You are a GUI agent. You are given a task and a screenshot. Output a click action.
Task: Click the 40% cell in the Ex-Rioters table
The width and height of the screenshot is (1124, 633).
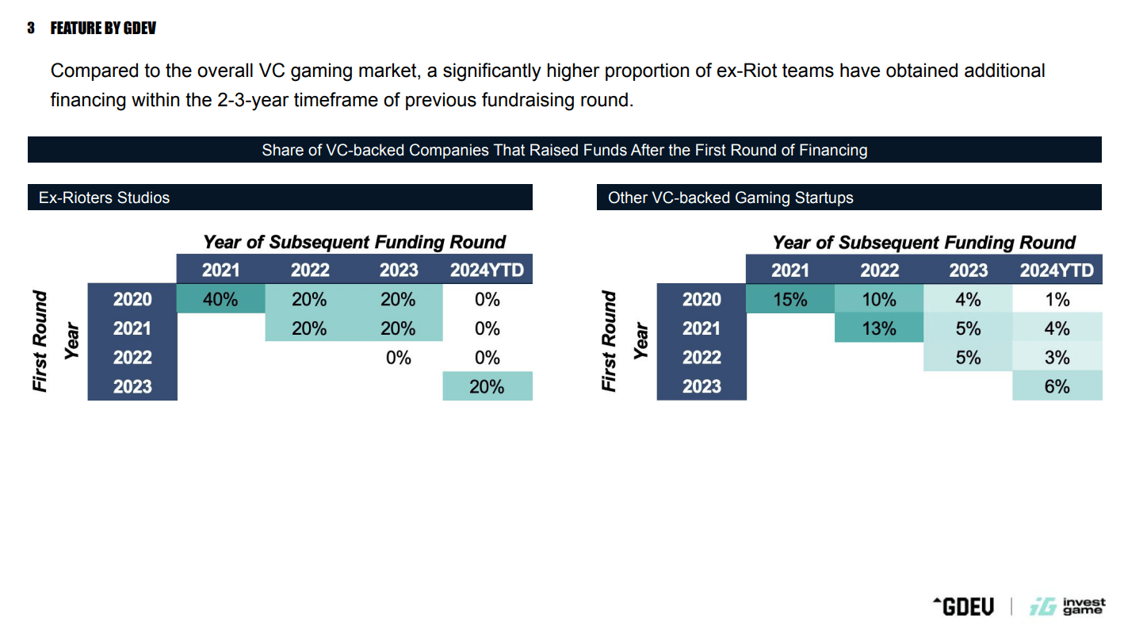tap(220, 299)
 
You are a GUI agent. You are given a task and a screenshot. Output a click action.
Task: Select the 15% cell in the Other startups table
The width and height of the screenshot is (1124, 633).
tap(790, 299)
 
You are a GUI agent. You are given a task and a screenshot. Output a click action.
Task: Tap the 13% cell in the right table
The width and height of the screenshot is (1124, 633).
tap(879, 328)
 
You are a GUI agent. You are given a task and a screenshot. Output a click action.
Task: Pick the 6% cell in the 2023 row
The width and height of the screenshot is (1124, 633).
tap(1057, 386)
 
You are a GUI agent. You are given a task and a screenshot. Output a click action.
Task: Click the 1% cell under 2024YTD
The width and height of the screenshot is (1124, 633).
tap(1057, 299)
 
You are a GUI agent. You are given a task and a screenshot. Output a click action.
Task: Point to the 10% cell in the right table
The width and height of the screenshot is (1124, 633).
tap(879, 299)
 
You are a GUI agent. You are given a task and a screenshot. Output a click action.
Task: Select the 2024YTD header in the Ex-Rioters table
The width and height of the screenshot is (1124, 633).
tap(487, 270)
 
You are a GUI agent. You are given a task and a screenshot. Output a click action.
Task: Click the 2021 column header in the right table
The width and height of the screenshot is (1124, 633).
tap(790, 270)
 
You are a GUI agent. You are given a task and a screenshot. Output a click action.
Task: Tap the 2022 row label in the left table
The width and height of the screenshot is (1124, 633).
tap(132, 357)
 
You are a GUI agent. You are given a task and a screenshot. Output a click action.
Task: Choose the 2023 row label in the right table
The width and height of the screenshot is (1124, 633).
tap(702, 386)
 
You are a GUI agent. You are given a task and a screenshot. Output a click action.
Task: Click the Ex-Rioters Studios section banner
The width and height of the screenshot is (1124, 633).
tap(280, 198)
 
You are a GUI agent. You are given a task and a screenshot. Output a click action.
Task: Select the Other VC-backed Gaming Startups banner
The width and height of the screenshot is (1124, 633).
tap(848, 198)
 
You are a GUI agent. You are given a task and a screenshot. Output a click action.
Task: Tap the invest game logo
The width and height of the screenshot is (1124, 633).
tap(1067, 607)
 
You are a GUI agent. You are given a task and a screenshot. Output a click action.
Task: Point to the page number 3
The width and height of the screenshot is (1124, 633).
tap(31, 29)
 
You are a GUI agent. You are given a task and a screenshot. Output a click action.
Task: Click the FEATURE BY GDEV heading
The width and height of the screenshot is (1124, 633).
tap(103, 29)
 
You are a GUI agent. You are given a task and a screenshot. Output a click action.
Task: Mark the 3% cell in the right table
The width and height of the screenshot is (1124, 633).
tap(1057, 357)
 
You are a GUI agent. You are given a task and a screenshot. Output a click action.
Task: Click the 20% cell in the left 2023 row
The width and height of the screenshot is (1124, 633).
tap(487, 386)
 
